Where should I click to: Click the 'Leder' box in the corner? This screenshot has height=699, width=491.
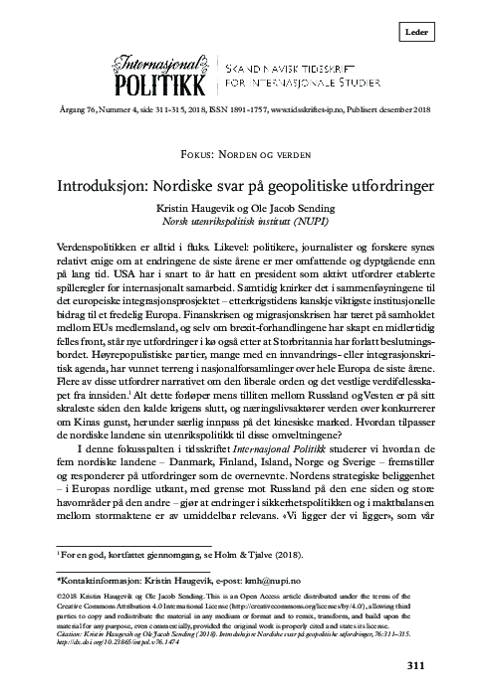click(446, 34)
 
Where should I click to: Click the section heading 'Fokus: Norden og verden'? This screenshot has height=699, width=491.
click(246, 158)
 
